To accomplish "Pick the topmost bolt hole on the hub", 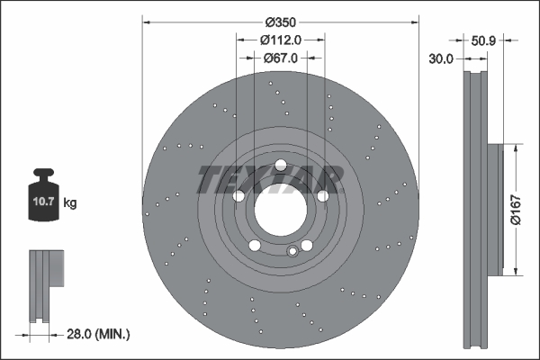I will coord(281,165).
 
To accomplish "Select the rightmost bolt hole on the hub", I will coord(322,195).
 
